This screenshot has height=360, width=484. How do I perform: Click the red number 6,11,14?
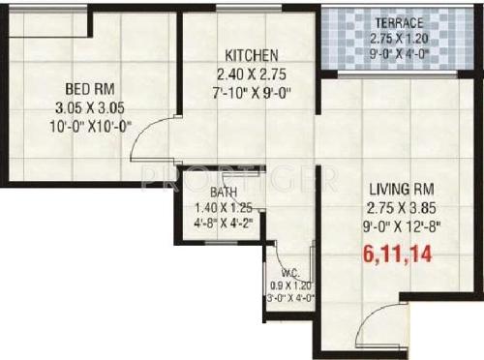tap(397, 255)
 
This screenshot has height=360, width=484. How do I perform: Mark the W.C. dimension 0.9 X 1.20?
tap(291, 285)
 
